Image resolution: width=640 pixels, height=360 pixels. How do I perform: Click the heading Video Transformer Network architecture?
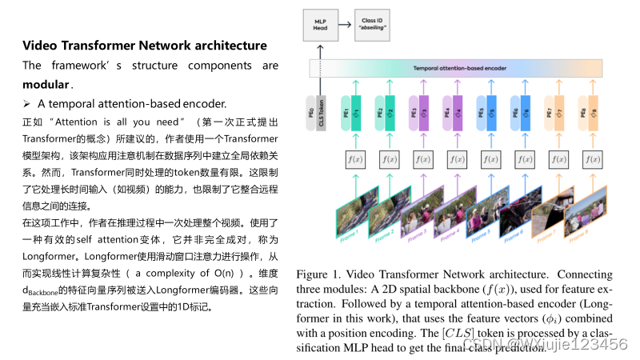(x=144, y=46)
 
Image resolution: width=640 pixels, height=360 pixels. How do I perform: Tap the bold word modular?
(x=46, y=84)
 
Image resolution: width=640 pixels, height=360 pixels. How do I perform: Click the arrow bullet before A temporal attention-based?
(x=26, y=103)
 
